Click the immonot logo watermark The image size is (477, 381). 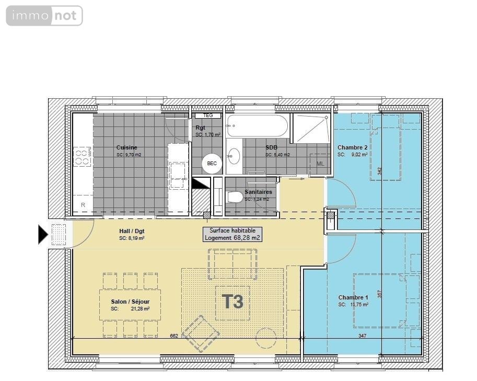[x=44, y=16]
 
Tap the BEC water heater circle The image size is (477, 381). [x=212, y=164]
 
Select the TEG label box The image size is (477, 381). [x=208, y=116]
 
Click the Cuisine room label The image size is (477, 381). [x=127, y=148]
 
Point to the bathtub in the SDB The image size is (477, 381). [x=257, y=126]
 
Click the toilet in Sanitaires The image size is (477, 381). [x=235, y=197]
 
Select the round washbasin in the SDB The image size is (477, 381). [x=234, y=156]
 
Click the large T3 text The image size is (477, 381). [x=232, y=302]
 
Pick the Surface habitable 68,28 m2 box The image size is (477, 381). [x=232, y=234]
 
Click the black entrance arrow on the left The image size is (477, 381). [x=43, y=234]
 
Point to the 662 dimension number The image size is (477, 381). [x=174, y=336]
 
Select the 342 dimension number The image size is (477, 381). [x=380, y=171]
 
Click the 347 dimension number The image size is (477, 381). [x=362, y=336]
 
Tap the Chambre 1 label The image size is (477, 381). [x=353, y=297]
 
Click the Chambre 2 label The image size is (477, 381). [x=352, y=148]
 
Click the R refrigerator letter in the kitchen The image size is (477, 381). [x=83, y=204]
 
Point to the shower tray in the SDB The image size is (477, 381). [x=311, y=128]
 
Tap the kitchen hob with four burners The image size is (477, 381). [x=83, y=157]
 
